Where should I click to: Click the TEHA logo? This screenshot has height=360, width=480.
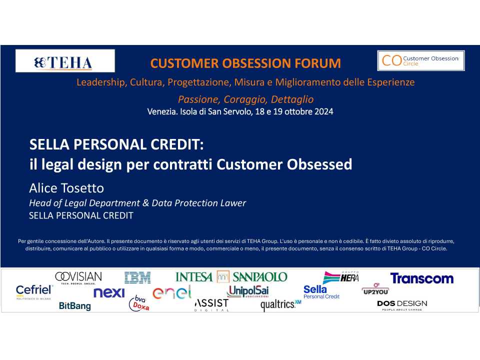pyautogui.click(x=65, y=61)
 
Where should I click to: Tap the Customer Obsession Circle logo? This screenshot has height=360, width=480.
pyautogui.click(x=421, y=60)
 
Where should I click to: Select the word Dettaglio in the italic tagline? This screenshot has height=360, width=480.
pyautogui.click(x=292, y=99)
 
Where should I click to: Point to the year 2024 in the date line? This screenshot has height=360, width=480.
pyautogui.click(x=323, y=111)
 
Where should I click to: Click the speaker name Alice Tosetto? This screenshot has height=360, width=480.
pyautogui.click(x=66, y=188)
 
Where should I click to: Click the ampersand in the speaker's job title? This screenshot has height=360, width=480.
pyautogui.click(x=145, y=203)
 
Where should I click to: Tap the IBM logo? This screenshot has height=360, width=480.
pyautogui.click(x=137, y=277)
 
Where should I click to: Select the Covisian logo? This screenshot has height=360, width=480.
pyautogui.click(x=78, y=277)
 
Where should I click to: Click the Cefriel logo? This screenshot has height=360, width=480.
pyautogui.click(x=34, y=291)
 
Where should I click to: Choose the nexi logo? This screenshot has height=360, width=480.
pyautogui.click(x=109, y=292)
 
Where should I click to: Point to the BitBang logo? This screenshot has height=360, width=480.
pyautogui.click(x=74, y=306)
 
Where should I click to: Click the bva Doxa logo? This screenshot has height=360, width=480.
pyautogui.click(x=139, y=303)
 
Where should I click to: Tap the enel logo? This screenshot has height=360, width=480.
pyautogui.click(x=171, y=292)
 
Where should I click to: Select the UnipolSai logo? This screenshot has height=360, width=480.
pyautogui.click(x=247, y=291)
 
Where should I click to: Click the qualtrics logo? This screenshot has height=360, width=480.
pyautogui.click(x=280, y=305)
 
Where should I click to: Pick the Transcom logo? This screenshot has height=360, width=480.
pyautogui.click(x=422, y=278)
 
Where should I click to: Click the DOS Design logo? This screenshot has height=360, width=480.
pyautogui.click(x=402, y=305)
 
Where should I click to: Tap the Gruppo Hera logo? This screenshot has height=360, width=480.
pyautogui.click(x=341, y=277)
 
